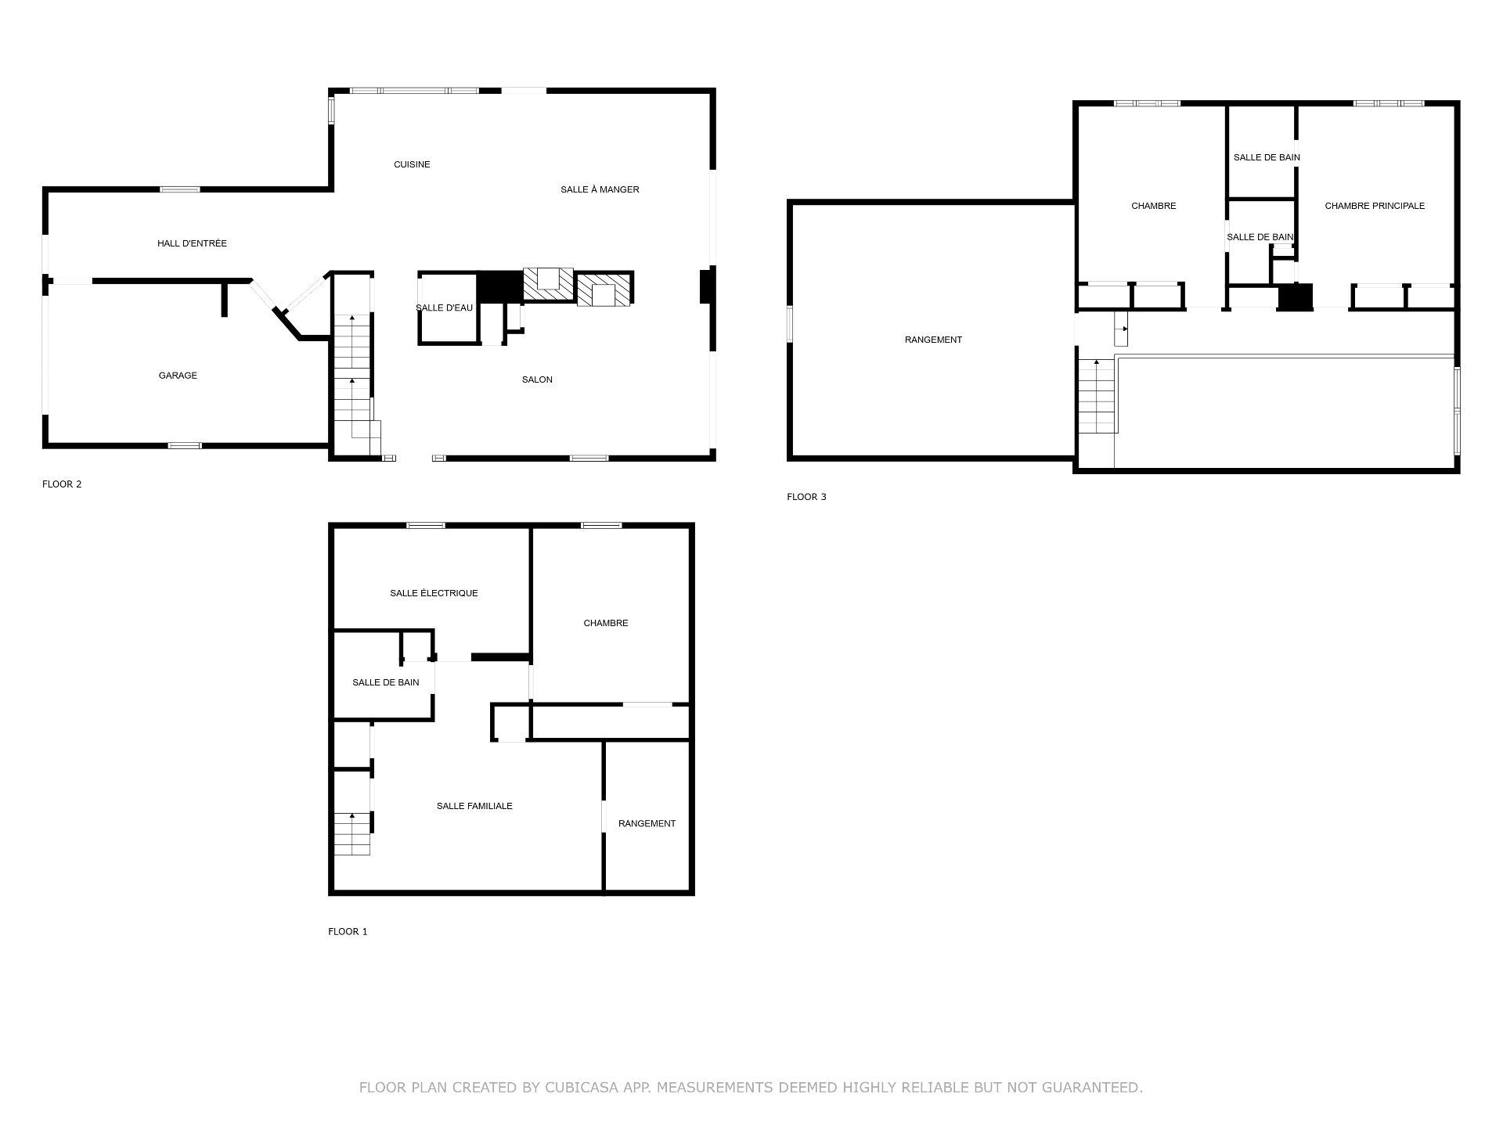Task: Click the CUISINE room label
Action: click(412, 164)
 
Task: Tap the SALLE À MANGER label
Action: click(600, 189)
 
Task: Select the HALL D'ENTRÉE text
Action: click(192, 243)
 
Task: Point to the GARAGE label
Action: click(178, 376)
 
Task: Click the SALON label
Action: click(537, 380)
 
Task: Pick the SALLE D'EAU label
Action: click(444, 308)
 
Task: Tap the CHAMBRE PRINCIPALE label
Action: click(1375, 206)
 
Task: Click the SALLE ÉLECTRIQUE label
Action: click(434, 593)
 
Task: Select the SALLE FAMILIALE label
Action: click(474, 806)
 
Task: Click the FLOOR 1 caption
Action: click(348, 931)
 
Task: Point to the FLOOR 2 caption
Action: click(62, 484)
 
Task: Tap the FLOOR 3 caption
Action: click(806, 497)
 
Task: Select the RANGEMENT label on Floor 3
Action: click(933, 340)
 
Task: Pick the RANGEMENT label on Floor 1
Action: click(647, 823)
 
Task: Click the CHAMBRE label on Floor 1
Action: click(606, 623)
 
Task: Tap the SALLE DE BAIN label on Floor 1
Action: click(385, 682)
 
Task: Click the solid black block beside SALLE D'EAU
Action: click(500, 286)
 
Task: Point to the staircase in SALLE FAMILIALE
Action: click(352, 834)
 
